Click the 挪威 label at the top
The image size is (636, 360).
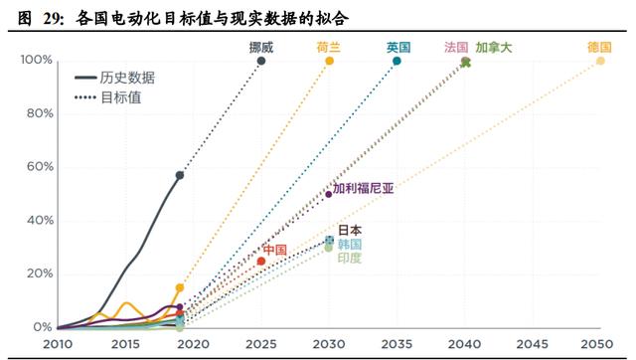click(261, 47)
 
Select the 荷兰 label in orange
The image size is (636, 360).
click(329, 47)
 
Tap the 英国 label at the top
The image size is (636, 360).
click(398, 47)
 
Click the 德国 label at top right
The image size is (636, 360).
click(599, 47)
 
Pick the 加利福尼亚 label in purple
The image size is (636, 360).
click(363, 187)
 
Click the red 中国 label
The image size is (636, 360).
click(274, 250)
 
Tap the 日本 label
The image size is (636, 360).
click(350, 230)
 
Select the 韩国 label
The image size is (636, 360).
click(350, 244)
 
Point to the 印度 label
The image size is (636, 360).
click(350, 258)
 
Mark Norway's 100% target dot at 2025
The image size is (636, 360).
click(261, 61)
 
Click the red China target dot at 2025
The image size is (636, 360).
click(261, 261)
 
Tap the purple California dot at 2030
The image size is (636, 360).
click(328, 194)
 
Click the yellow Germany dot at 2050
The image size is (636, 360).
click(600, 61)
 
